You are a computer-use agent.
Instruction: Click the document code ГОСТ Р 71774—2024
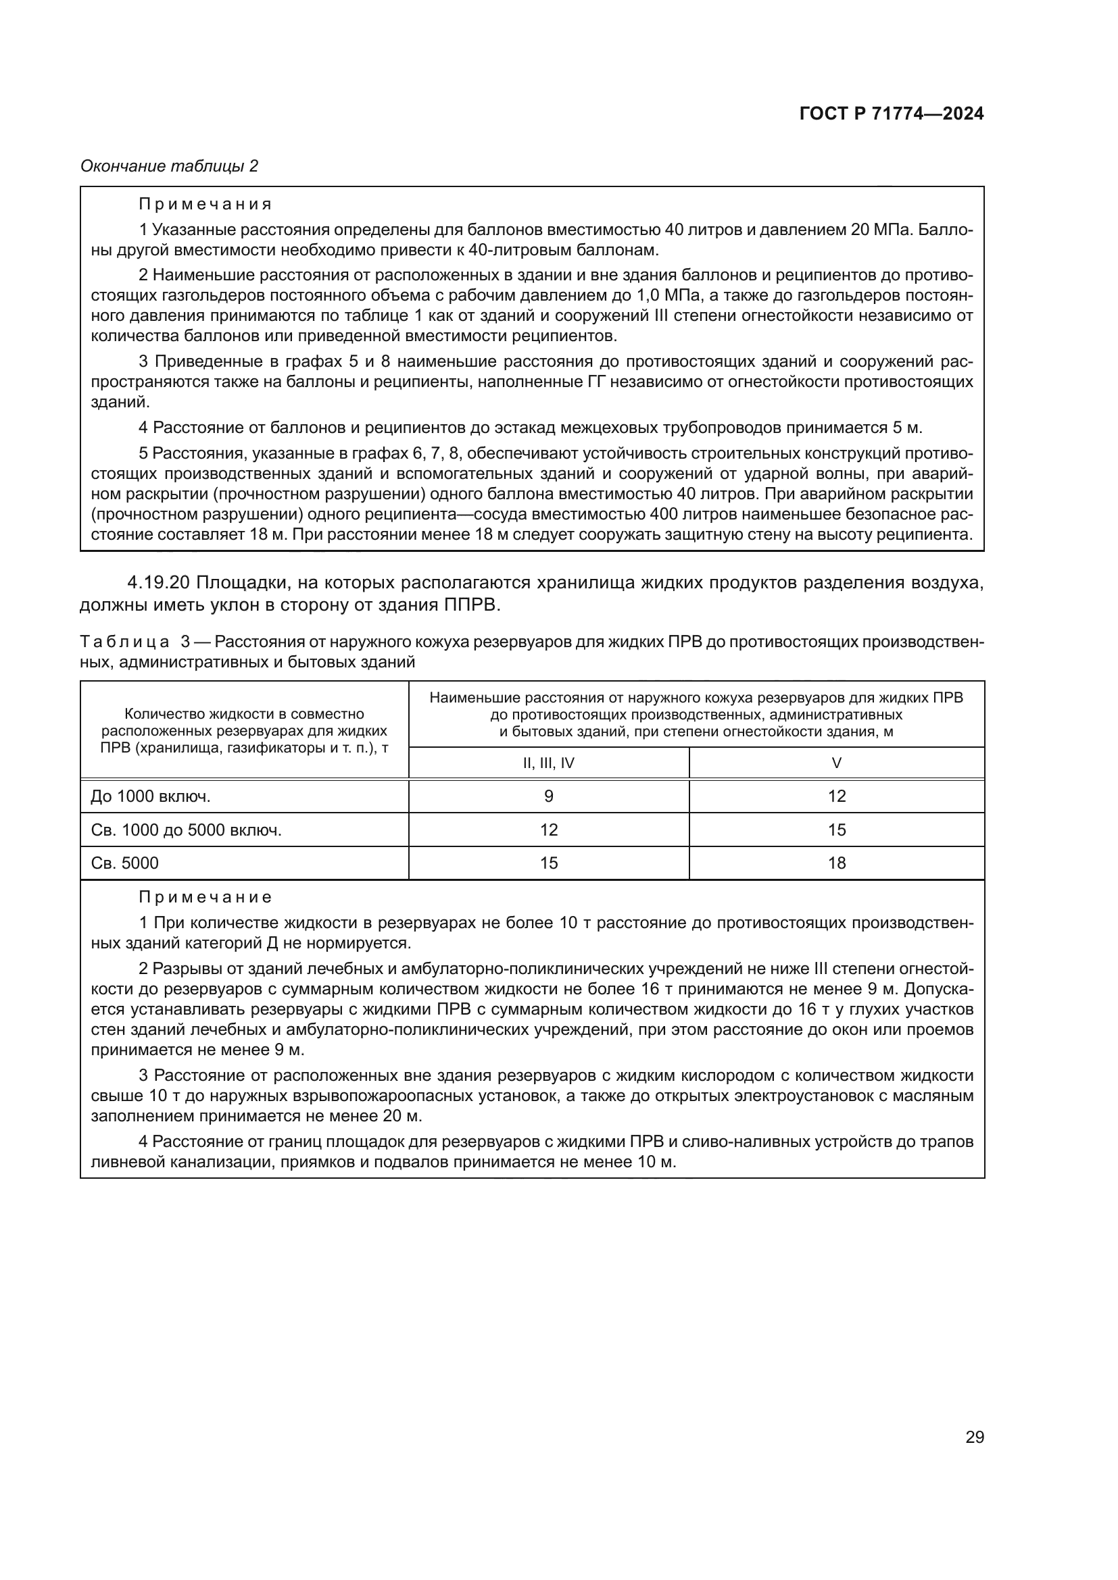[x=892, y=114]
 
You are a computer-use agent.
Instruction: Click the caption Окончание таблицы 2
[x=170, y=166]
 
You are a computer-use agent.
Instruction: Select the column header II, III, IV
[x=549, y=763]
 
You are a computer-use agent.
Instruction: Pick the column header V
[x=836, y=763]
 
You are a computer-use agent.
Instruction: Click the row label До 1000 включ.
[x=151, y=796]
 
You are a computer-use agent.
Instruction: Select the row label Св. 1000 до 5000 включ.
[x=186, y=830]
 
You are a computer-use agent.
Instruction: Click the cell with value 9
[x=549, y=796]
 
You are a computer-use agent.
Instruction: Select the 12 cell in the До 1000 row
[x=836, y=796]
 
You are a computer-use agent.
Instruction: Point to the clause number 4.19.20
[x=158, y=583]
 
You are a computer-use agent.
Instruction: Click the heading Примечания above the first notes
[x=205, y=205]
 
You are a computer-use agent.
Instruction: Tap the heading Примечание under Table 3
[x=205, y=897]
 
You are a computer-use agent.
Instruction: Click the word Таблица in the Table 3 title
[x=124, y=642]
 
